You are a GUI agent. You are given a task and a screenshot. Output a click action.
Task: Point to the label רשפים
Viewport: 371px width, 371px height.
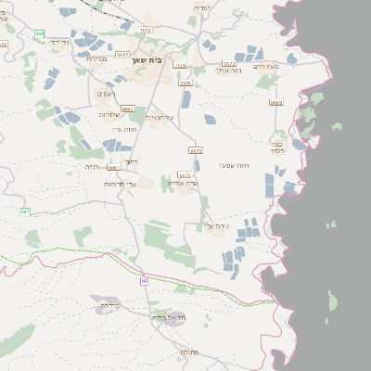(105, 94)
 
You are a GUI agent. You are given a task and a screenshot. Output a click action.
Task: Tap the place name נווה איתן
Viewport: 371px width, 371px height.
(229, 70)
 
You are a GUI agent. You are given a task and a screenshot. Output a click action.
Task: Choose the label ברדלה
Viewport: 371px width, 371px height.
(109, 305)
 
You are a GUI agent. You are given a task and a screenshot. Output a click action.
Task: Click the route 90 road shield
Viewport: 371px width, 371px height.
(145, 280)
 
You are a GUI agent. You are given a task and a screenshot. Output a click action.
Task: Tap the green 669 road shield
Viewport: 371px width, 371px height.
(39, 33)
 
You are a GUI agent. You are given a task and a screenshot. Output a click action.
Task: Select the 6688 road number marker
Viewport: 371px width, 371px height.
(275, 103)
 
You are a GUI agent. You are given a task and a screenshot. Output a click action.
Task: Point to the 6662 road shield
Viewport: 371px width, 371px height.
(128, 109)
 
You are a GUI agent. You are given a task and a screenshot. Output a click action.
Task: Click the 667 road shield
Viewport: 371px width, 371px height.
(24, 211)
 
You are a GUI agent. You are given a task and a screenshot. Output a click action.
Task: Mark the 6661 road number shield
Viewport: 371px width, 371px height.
(113, 168)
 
